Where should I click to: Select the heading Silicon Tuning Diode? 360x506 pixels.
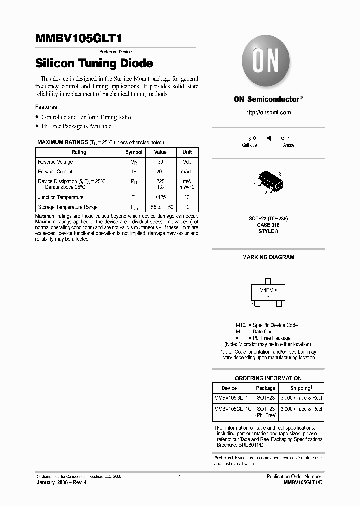point(94,64)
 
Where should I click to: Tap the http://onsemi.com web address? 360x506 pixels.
point(268,112)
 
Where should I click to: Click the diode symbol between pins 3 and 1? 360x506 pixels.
point(268,138)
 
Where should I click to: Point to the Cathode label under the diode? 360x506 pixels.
point(249,145)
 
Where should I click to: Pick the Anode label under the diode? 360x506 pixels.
point(289,145)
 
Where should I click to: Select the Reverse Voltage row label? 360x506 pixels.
point(55,162)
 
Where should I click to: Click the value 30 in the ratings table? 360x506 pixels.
point(160,162)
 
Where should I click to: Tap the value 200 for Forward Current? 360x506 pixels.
point(160,171)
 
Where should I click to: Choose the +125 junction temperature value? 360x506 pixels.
point(160,197)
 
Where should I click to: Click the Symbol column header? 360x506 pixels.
point(134,152)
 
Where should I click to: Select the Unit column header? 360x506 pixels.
point(187,152)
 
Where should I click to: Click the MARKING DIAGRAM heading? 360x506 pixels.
point(268,257)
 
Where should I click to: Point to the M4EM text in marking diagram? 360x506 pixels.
point(264,290)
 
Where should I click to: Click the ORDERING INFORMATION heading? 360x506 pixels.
point(268,378)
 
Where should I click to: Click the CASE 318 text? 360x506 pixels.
point(268,225)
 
